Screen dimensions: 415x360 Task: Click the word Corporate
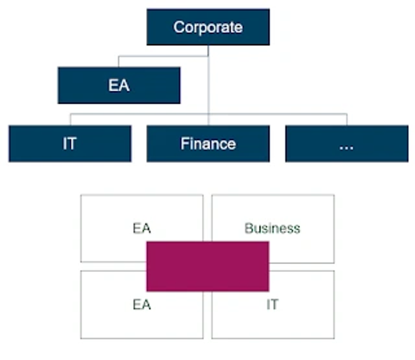click(207, 28)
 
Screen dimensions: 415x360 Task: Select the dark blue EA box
click(119, 86)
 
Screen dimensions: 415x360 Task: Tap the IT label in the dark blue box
click(70, 144)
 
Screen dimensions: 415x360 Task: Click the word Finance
click(208, 144)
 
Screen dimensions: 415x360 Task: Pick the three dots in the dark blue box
click(346, 148)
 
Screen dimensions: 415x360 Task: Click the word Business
click(272, 228)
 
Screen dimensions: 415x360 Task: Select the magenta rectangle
click(207, 267)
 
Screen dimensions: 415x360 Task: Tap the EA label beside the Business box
click(142, 228)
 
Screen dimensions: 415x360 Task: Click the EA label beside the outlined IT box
click(142, 305)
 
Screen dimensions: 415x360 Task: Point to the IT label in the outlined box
click(272, 305)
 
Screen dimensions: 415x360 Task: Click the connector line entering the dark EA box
click(118, 61)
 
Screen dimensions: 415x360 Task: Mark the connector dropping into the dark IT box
click(71, 119)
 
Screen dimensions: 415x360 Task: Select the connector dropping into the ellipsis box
click(347, 119)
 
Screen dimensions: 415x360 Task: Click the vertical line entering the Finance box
click(208, 85)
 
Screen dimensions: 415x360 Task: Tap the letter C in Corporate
click(179, 28)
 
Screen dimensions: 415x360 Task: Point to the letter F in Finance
click(185, 144)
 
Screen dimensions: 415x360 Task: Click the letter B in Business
click(249, 228)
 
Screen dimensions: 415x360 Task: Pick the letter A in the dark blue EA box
click(124, 86)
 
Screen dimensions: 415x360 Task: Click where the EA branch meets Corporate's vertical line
click(208, 56)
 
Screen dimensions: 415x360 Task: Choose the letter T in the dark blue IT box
click(73, 144)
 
